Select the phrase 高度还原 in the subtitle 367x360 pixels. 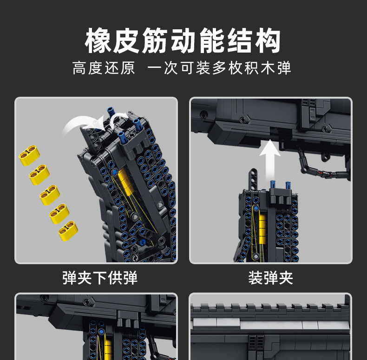104,68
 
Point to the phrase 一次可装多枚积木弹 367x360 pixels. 219,68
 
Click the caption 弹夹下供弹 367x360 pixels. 100,278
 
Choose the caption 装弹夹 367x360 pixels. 270,278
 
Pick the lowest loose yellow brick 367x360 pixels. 68,230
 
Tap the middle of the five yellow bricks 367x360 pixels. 49,194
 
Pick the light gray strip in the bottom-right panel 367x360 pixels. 269,324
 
